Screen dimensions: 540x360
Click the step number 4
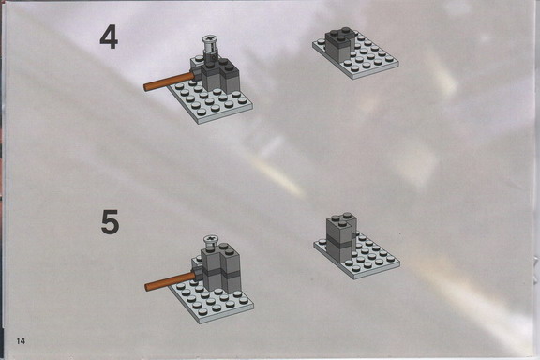coord(109,37)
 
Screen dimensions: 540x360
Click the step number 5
coord(111,222)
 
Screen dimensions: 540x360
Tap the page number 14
coord(21,341)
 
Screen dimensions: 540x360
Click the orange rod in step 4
coord(169,82)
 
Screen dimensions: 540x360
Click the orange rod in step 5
coord(171,281)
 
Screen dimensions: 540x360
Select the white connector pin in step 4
coord(209,47)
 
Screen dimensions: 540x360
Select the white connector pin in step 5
coord(210,242)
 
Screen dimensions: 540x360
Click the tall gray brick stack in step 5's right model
coord(341,238)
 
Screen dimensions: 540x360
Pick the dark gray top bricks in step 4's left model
coord(219,68)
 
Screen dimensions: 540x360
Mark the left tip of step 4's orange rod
coord(145,87)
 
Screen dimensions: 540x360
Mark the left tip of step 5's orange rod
coord(146,287)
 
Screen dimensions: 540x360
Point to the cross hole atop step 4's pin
coord(209,38)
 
